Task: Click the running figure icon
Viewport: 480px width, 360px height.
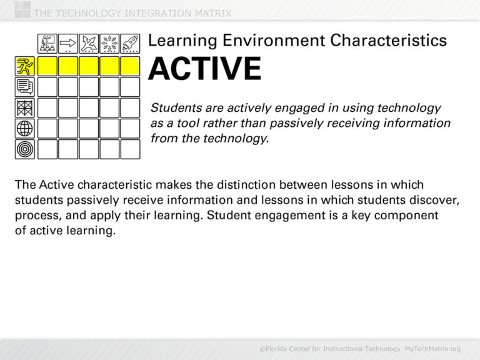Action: click(x=25, y=66)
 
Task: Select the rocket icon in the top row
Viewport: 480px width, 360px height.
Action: click(x=130, y=44)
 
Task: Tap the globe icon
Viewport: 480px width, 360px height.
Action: click(x=25, y=128)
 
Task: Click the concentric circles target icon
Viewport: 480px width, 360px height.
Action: click(x=25, y=149)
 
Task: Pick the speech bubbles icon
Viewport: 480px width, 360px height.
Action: click(x=25, y=87)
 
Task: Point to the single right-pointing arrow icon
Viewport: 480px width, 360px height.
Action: click(x=68, y=44)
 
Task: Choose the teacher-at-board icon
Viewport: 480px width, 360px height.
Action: click(x=47, y=44)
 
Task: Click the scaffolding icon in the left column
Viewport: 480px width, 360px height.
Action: click(x=25, y=107)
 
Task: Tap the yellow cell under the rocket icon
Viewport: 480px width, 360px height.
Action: click(x=130, y=66)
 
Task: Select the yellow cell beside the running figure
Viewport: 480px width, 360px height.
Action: click(x=47, y=66)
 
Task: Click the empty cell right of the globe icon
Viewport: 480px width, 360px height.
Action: click(x=47, y=128)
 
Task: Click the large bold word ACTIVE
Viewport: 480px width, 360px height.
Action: click(x=204, y=69)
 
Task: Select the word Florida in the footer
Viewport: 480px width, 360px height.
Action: click(x=281, y=348)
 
